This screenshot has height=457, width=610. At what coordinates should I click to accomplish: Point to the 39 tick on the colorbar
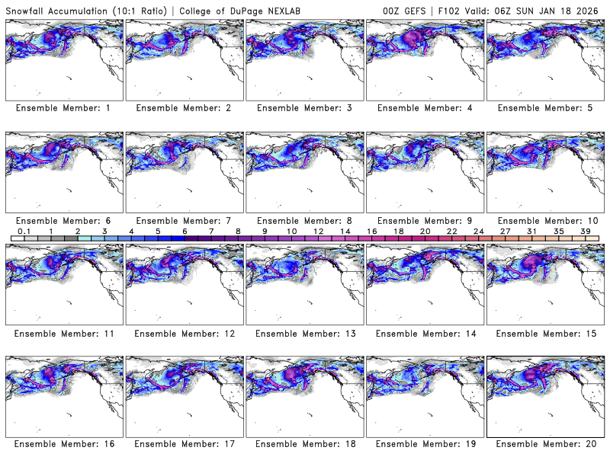(584, 232)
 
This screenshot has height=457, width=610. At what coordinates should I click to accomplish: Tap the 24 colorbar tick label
(477, 232)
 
